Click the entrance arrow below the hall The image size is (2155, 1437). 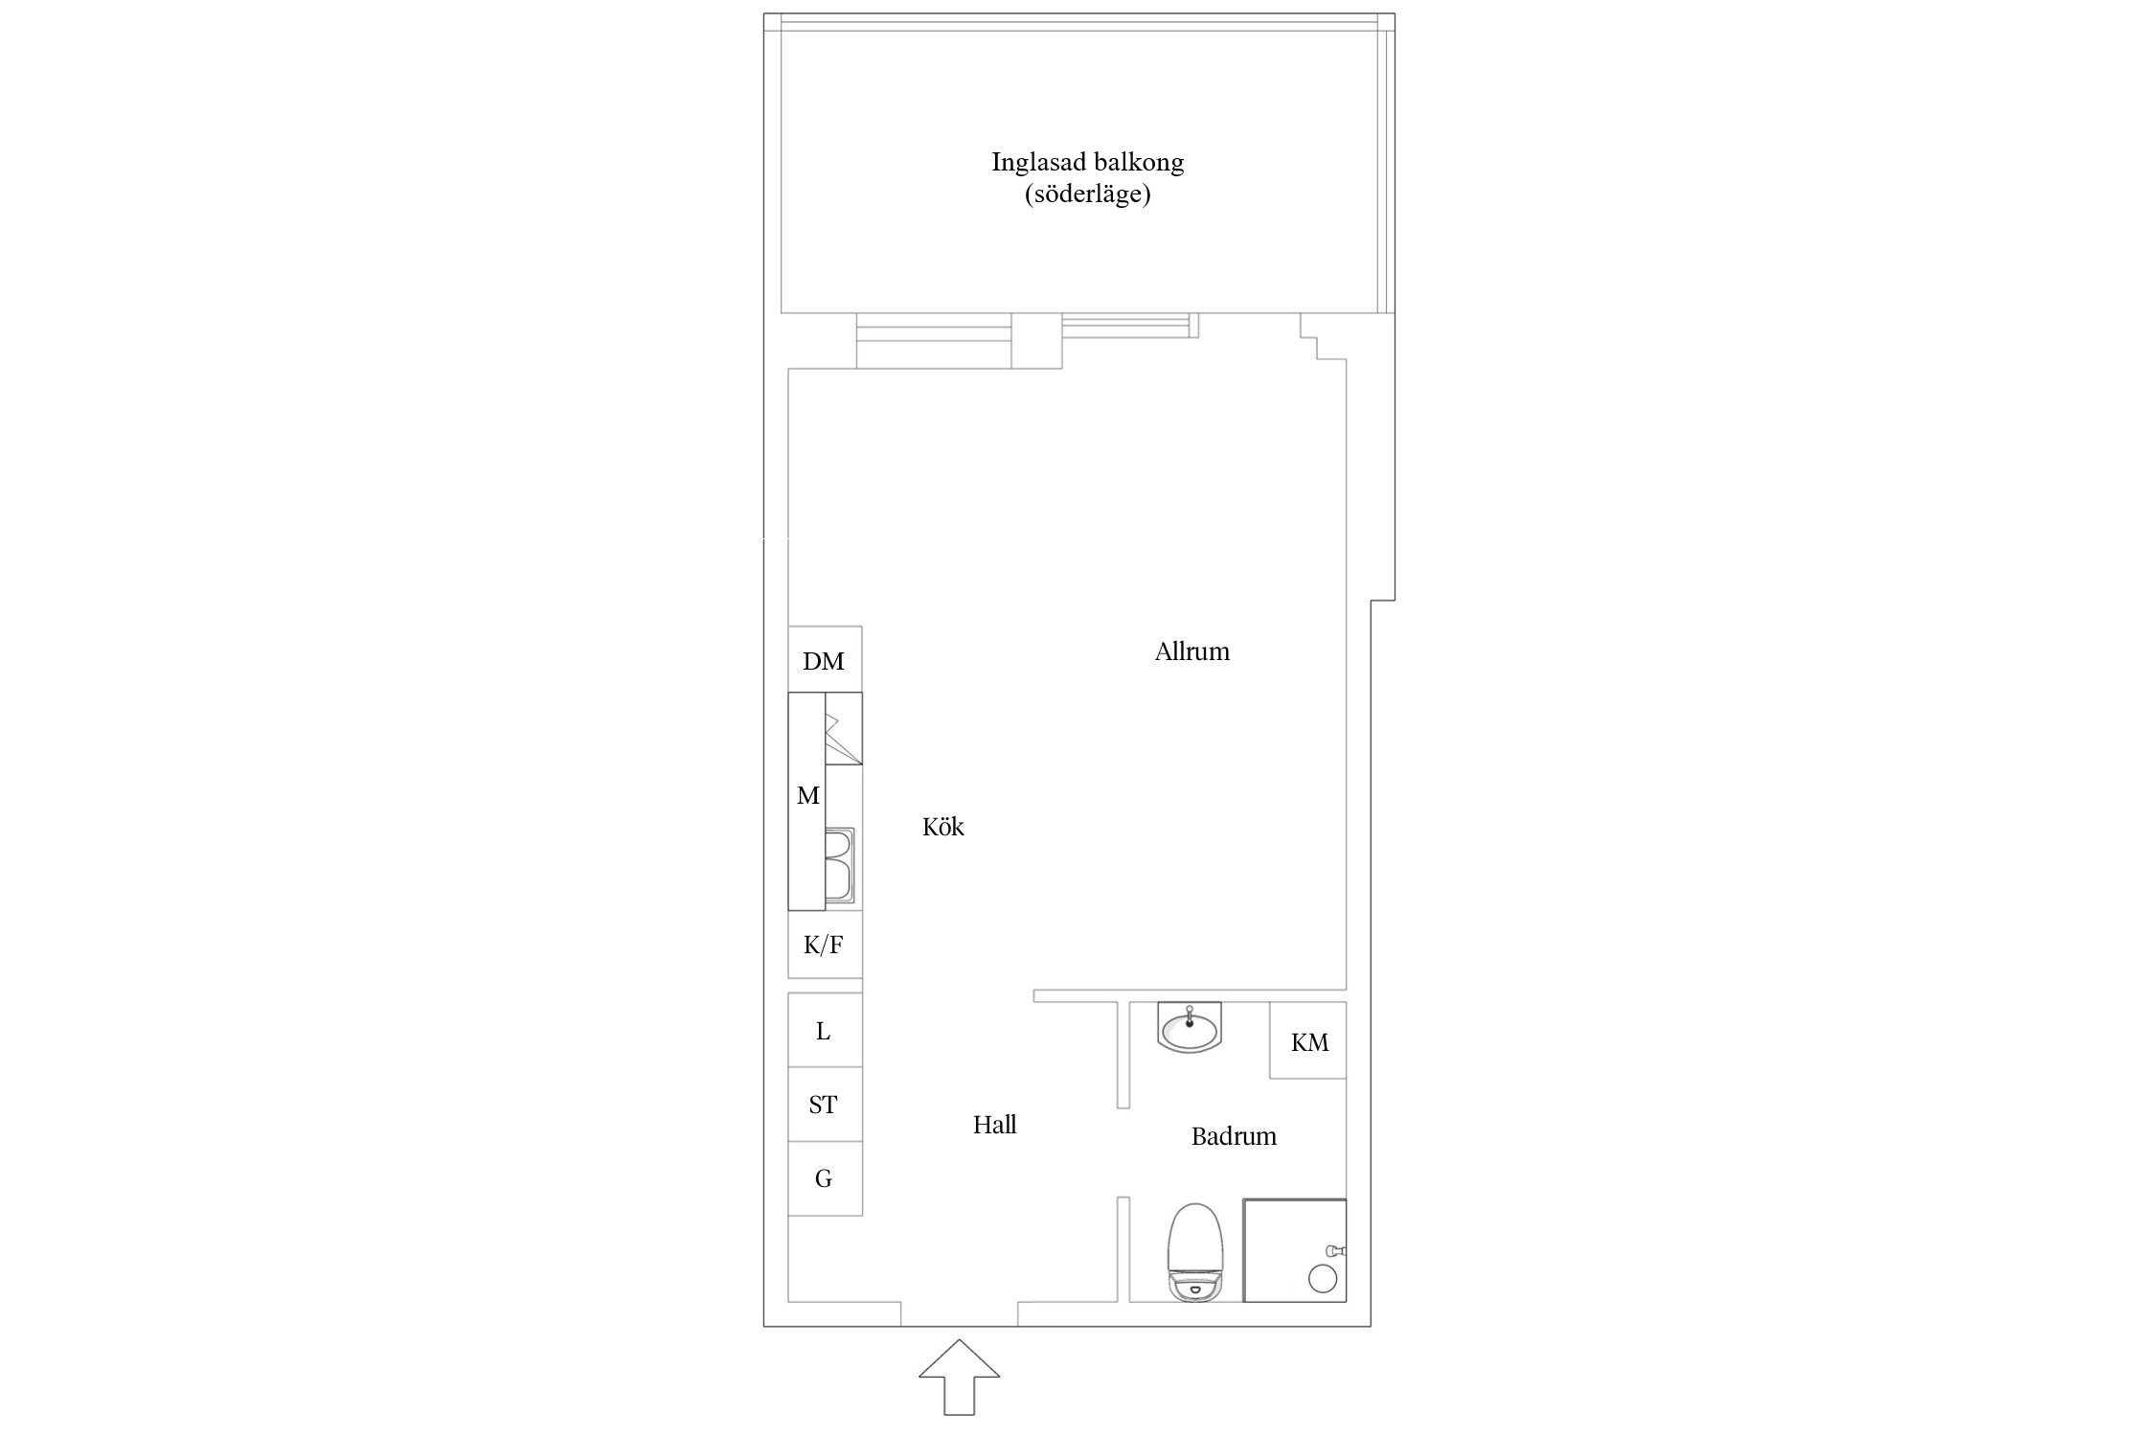pyautogui.click(x=959, y=1379)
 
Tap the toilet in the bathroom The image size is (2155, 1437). pyautogui.click(x=1195, y=1253)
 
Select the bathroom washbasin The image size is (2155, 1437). pyautogui.click(x=1190, y=1027)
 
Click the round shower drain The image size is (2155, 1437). pyautogui.click(x=1322, y=1278)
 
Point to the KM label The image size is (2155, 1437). pyautogui.click(x=1309, y=1042)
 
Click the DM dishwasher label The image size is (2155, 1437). pyautogui.click(x=824, y=661)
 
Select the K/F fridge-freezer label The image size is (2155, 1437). pyautogui.click(x=823, y=946)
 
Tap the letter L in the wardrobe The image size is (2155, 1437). pyautogui.click(x=823, y=1031)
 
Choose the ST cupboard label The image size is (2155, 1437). pyautogui.click(x=823, y=1105)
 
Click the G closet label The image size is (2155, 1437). pyautogui.click(x=823, y=1178)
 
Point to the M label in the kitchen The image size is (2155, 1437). pyautogui.click(x=808, y=795)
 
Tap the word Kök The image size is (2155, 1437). pyautogui.click(x=943, y=827)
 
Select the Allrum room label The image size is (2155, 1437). pyautogui.click(x=1192, y=651)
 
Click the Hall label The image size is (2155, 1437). pyautogui.click(x=995, y=1125)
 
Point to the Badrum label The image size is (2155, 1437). pyautogui.click(x=1234, y=1136)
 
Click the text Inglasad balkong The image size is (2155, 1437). pyautogui.click(x=1088, y=162)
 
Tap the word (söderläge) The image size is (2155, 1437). pyautogui.click(x=1088, y=194)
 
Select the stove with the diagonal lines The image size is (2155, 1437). pyautogui.click(x=844, y=728)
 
